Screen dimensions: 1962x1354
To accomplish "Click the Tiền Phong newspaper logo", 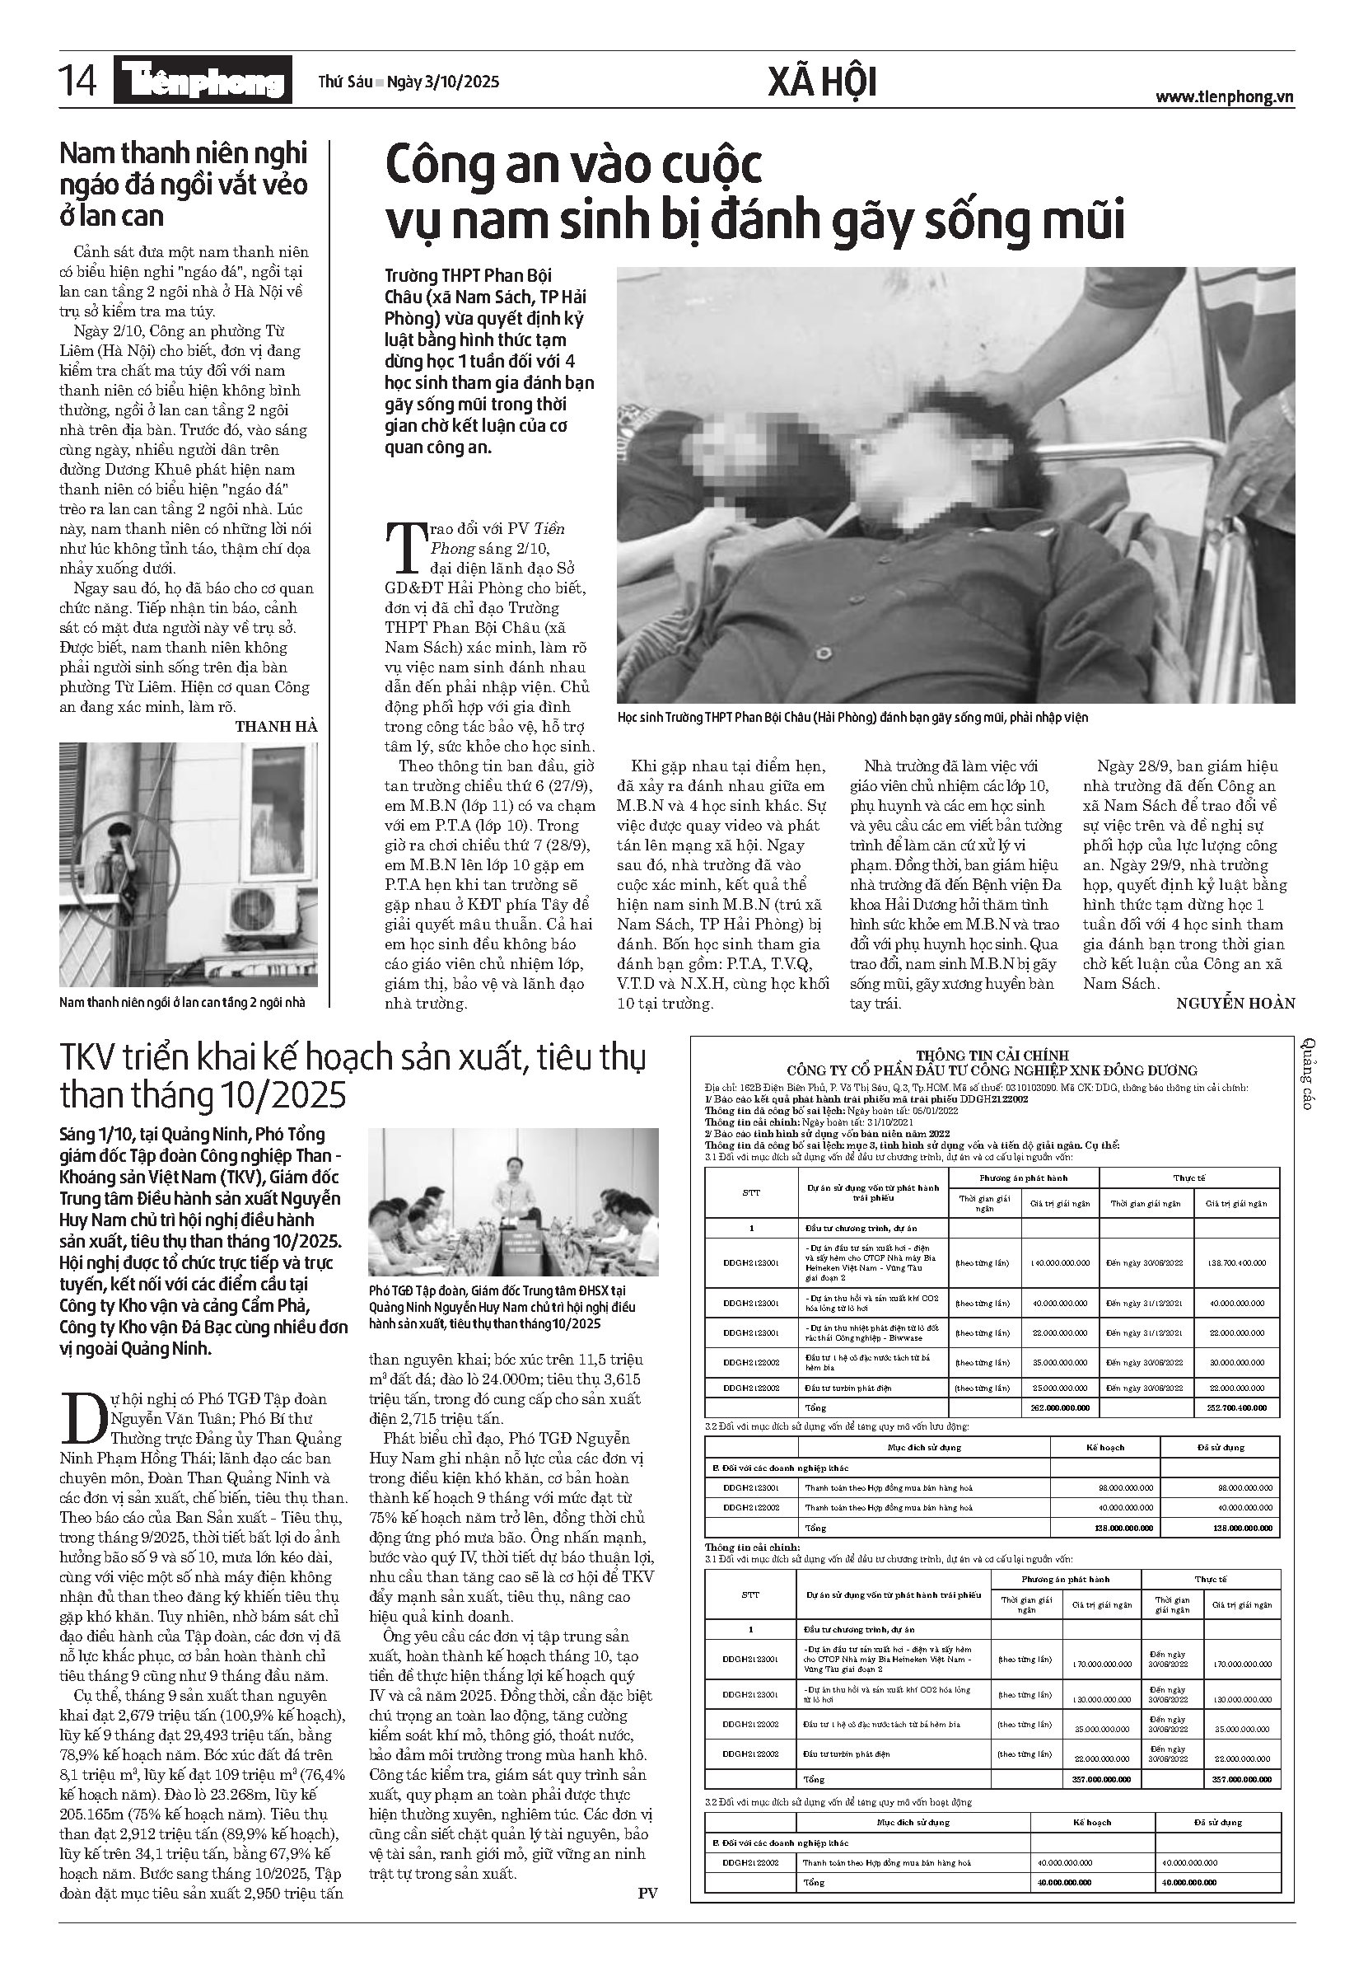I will point(206,82).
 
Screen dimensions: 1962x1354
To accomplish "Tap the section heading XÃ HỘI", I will point(821,83).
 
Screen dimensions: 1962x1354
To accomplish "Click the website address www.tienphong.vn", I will point(1223,96).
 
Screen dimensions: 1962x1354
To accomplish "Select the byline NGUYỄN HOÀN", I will point(1235,1003).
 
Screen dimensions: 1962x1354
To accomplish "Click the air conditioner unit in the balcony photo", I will point(260,911).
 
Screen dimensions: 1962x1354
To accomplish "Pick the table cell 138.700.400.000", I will point(1237,1262).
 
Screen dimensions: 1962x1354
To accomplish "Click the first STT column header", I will point(751,1192).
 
